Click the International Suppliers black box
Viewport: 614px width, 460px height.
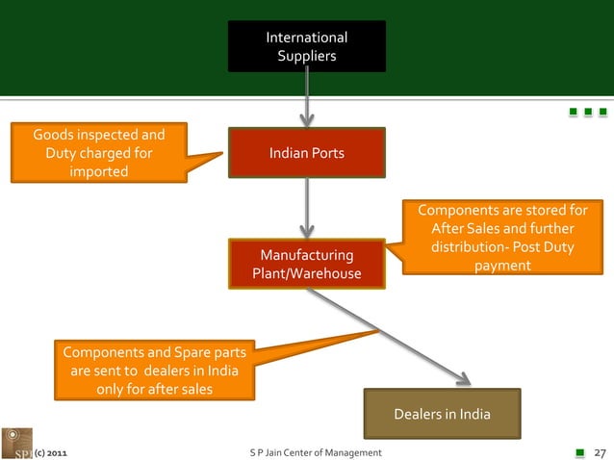tap(306, 46)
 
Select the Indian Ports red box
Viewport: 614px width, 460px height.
tap(306, 153)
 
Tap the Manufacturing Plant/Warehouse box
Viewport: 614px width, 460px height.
tap(306, 264)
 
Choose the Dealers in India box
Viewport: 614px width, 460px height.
tap(442, 414)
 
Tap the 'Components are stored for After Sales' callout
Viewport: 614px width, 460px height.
tap(502, 237)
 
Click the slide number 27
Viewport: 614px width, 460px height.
tap(599, 451)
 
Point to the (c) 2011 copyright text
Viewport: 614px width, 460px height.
tap(50, 451)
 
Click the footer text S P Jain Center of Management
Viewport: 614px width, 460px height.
tap(315, 451)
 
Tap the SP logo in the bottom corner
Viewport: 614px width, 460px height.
tap(15, 443)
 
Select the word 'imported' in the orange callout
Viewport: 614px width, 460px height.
tap(98, 171)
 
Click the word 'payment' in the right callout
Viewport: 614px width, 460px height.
tap(502, 265)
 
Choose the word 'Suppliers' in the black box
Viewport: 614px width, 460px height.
tap(307, 57)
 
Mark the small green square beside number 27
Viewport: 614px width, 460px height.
tap(579, 450)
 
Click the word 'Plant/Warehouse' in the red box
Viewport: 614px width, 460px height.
tap(306, 274)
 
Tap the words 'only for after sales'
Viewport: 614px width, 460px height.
tap(154, 389)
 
